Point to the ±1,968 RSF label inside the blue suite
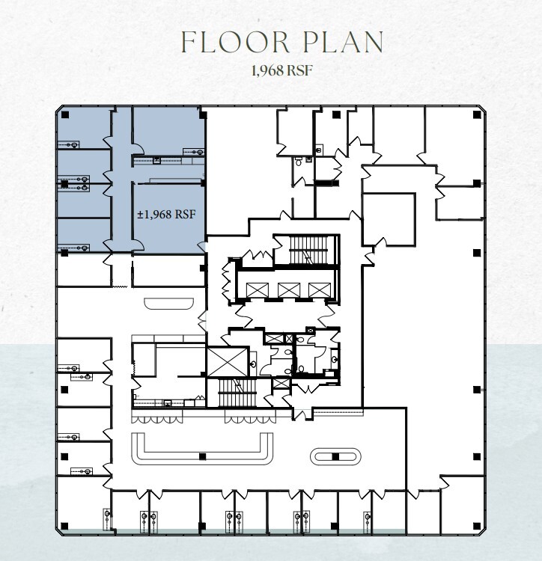pyautogui.click(x=166, y=215)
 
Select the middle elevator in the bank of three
pyautogui.click(x=288, y=289)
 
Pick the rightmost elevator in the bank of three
pyautogui.click(x=319, y=289)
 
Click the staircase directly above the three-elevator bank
pyautogui.click(x=305, y=251)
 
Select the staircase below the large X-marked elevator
pyautogui.click(x=236, y=393)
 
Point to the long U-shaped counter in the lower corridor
pyautogui.click(x=202, y=448)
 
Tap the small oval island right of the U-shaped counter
pyautogui.click(x=335, y=456)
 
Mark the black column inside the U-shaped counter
pyautogui.click(x=202, y=456)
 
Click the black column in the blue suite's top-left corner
pyautogui.click(x=65, y=114)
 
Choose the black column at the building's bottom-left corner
pyautogui.click(x=65, y=526)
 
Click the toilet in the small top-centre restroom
pyautogui.click(x=299, y=160)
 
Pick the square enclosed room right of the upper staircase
pyautogui.click(x=389, y=218)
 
